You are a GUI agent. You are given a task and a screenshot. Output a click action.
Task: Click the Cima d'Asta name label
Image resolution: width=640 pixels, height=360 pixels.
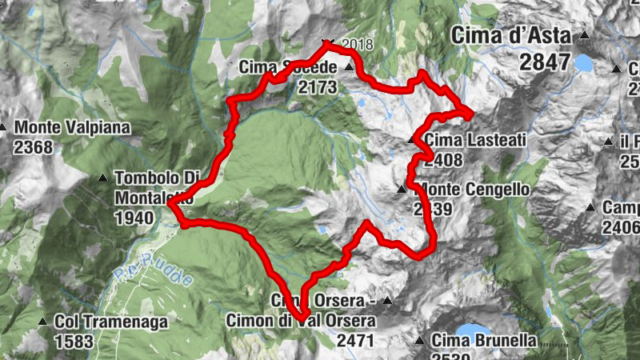[x=510, y=36]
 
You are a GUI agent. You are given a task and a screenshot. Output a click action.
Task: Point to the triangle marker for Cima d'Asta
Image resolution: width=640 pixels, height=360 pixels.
[x=585, y=35]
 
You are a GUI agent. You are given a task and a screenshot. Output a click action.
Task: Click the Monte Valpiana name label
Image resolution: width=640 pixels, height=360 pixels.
[x=71, y=127]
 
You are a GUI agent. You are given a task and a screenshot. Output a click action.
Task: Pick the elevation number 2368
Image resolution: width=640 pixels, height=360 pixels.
[x=33, y=146]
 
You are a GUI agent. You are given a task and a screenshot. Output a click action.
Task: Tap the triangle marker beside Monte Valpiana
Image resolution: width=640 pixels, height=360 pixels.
[x=4, y=127]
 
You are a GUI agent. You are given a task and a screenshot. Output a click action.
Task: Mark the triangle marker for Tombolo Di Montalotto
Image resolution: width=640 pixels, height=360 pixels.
[x=103, y=178]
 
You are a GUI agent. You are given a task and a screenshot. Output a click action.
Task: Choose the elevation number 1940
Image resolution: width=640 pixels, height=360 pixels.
[x=134, y=217]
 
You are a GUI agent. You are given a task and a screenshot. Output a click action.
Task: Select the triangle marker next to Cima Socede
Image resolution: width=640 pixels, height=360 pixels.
[x=349, y=68]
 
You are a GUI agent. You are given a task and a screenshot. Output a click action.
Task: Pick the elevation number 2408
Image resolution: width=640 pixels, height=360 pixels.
[x=444, y=160]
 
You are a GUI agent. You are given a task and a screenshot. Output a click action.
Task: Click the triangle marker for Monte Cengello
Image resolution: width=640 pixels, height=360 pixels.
[x=401, y=190]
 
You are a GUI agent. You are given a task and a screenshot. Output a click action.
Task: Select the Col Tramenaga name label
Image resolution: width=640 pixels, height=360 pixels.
[x=111, y=322]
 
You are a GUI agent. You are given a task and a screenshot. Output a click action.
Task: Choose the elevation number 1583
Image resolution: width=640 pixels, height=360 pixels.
[x=74, y=341]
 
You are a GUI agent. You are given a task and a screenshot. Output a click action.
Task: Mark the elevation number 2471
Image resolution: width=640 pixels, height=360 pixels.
[x=356, y=341]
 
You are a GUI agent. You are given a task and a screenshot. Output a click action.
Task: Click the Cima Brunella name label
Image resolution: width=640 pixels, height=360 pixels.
[x=483, y=340]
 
